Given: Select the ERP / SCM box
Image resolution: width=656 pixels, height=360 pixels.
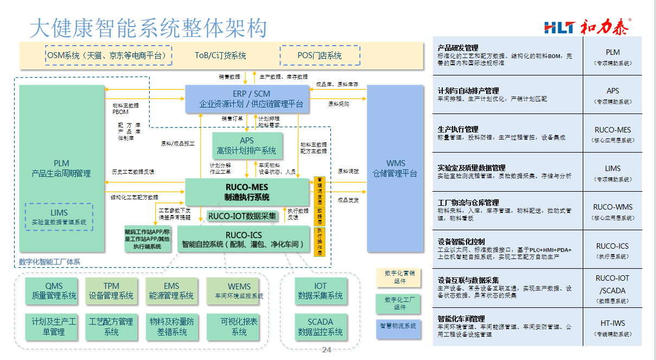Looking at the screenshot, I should tap(251, 99).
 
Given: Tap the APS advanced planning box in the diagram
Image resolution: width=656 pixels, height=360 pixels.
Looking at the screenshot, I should tap(246, 146).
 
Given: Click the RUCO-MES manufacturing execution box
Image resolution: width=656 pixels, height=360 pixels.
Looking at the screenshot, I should tap(247, 192).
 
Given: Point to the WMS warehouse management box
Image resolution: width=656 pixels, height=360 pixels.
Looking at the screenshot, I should tap(395, 168).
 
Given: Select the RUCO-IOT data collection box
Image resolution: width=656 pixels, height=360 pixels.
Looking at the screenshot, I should tap(243, 216).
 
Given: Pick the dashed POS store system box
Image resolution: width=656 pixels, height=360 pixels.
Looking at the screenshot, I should tap(320, 55).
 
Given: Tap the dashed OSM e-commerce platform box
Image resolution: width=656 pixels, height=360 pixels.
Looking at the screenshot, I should tap(109, 55).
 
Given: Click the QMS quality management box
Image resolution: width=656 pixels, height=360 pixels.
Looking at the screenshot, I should tap(54, 291).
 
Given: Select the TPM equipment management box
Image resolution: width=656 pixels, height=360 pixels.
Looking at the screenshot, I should tap(111, 291).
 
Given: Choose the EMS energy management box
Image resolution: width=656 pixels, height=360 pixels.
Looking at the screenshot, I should tap(171, 291).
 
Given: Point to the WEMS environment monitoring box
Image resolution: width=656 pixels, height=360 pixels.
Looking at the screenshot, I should tap(239, 291).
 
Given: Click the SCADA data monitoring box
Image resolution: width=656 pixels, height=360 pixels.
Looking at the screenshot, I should tap(320, 326).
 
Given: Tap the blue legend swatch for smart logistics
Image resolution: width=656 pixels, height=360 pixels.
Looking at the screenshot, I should tap(398, 326).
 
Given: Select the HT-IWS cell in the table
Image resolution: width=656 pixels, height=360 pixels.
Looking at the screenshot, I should tap(613, 327).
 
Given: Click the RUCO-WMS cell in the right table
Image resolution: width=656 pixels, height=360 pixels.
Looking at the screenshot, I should tap(613, 211).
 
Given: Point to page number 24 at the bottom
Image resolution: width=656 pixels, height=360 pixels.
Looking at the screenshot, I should tap(326, 350).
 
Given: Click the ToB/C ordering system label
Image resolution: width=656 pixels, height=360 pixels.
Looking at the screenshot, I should tap(220, 55).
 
